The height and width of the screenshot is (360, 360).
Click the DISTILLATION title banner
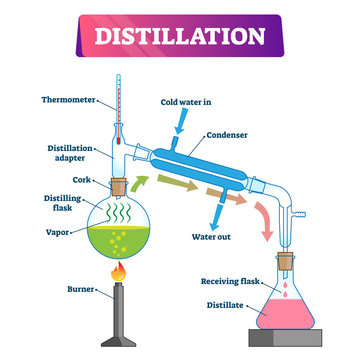click(x=180, y=38)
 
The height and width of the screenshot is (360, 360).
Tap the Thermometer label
click(x=69, y=99)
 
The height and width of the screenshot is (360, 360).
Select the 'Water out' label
click(x=212, y=238)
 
